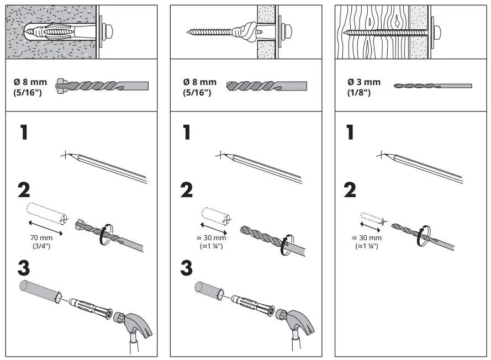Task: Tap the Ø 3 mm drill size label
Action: coord(363,87)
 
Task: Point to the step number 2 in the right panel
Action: coord(349,190)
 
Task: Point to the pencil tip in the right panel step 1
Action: coord(381,155)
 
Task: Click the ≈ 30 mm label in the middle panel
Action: coord(211,242)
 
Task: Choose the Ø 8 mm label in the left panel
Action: coord(30,87)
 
